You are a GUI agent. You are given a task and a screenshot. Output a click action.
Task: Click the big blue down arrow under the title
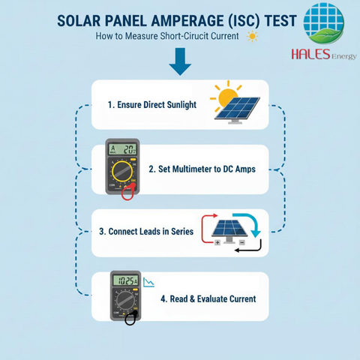click(x=180, y=61)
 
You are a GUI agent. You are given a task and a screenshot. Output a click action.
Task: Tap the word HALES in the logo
click(x=310, y=54)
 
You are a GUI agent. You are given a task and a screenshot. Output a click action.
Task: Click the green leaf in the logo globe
click(x=325, y=36)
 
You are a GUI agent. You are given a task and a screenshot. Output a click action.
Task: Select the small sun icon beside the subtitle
click(x=252, y=37)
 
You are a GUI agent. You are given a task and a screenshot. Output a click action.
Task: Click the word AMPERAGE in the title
click(x=187, y=21)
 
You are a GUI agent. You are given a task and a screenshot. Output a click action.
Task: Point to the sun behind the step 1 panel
click(x=226, y=96)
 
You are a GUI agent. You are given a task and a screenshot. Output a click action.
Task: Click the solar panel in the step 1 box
click(x=237, y=110)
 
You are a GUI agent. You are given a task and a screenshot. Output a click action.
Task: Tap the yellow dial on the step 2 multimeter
click(x=122, y=171)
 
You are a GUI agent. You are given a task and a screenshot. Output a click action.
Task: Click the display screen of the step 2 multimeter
click(x=123, y=149)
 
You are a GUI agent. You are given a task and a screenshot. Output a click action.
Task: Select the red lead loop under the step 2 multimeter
click(x=128, y=192)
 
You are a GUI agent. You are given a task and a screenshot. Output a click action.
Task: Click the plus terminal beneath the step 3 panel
click(x=217, y=242)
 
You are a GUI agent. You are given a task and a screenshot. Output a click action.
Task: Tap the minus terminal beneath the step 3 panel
click(x=241, y=242)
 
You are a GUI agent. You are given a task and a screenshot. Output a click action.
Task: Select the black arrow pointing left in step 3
click(x=248, y=246)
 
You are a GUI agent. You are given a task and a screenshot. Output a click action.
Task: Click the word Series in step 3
click(x=182, y=232)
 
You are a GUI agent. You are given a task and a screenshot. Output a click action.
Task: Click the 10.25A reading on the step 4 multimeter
click(x=126, y=280)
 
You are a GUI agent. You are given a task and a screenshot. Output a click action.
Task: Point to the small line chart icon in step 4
click(x=148, y=282)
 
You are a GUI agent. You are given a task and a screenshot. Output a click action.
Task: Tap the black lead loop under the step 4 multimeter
click(x=130, y=319)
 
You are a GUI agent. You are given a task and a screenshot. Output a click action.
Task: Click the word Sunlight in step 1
click(x=181, y=105)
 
